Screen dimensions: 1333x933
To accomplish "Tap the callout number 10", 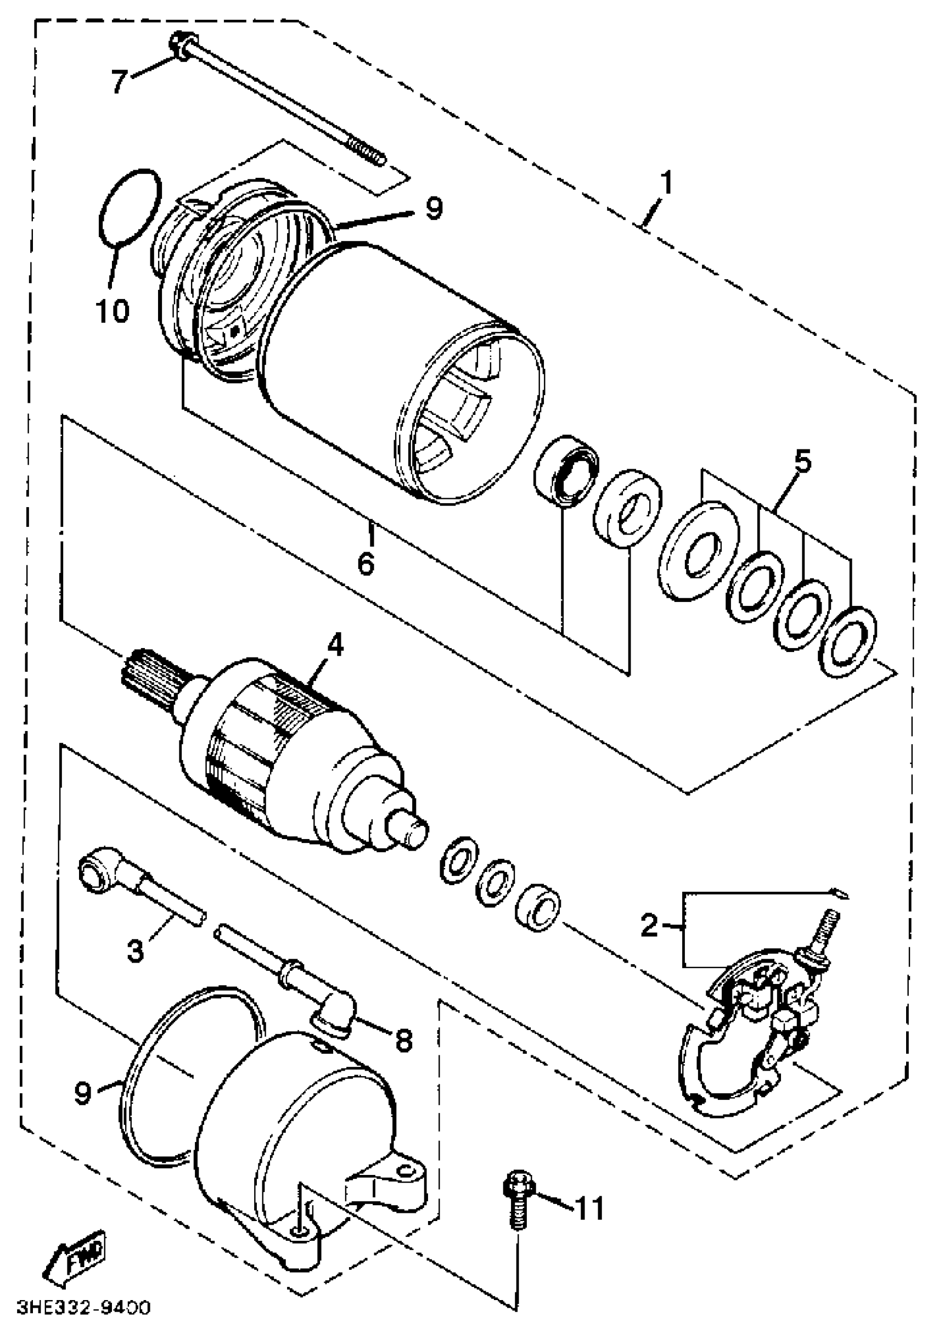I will [x=113, y=311].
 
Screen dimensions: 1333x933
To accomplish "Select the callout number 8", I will [x=403, y=1040].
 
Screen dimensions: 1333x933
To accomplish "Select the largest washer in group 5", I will [x=699, y=550].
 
